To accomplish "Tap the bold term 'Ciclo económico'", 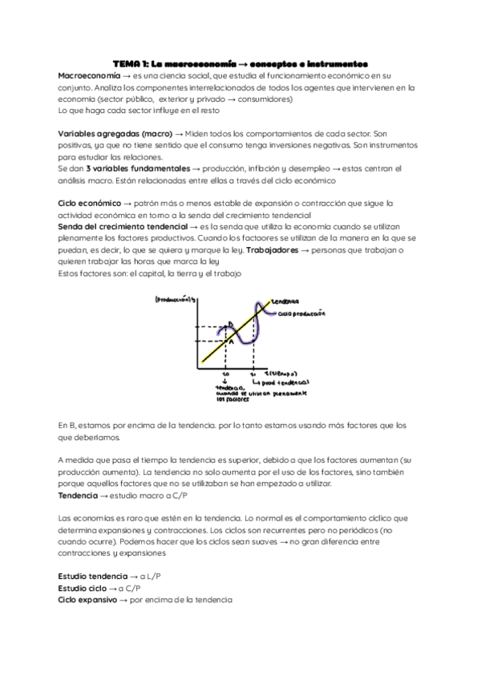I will (90, 204).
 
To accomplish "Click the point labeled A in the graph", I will (229, 342).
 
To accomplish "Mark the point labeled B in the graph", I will (230, 325).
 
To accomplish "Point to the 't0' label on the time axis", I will (225, 374).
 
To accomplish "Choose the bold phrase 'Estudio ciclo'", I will (83, 588).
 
